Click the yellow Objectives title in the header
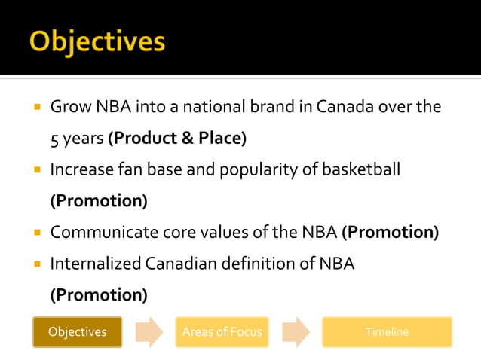97,41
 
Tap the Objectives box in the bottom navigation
77,332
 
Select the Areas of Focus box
222,332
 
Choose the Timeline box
387,332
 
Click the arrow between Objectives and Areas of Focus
149,332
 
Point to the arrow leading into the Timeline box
296,332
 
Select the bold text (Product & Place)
177,139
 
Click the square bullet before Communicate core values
35,233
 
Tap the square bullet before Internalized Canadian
35,264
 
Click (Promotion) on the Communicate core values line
391,232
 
